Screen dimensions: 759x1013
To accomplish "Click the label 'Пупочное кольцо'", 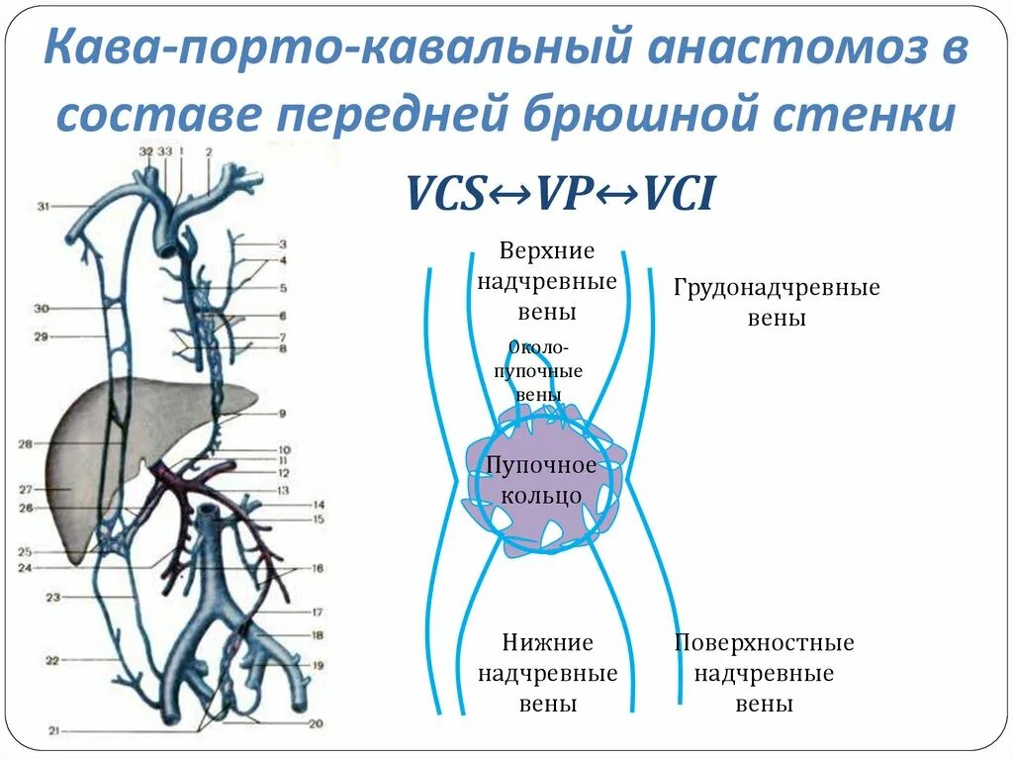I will (x=540, y=480).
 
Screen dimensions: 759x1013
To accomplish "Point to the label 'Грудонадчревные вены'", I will (x=777, y=303).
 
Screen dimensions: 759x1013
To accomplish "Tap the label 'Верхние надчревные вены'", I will (x=547, y=281).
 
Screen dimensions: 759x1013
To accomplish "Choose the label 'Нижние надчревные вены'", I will (x=547, y=674).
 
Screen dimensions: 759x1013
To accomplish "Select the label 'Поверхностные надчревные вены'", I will (x=765, y=674).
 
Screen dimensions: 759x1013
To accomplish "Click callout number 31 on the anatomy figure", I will (x=44, y=206).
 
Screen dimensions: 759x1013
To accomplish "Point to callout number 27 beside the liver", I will (x=25, y=489).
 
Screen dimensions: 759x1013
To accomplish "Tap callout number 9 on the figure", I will (x=282, y=414).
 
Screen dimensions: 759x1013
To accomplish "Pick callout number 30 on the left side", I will (x=42, y=309).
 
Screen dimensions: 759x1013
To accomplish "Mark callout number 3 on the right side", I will (x=282, y=243).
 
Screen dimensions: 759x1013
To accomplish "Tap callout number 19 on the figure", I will (x=318, y=666).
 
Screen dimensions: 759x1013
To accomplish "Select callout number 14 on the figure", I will (x=319, y=505).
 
